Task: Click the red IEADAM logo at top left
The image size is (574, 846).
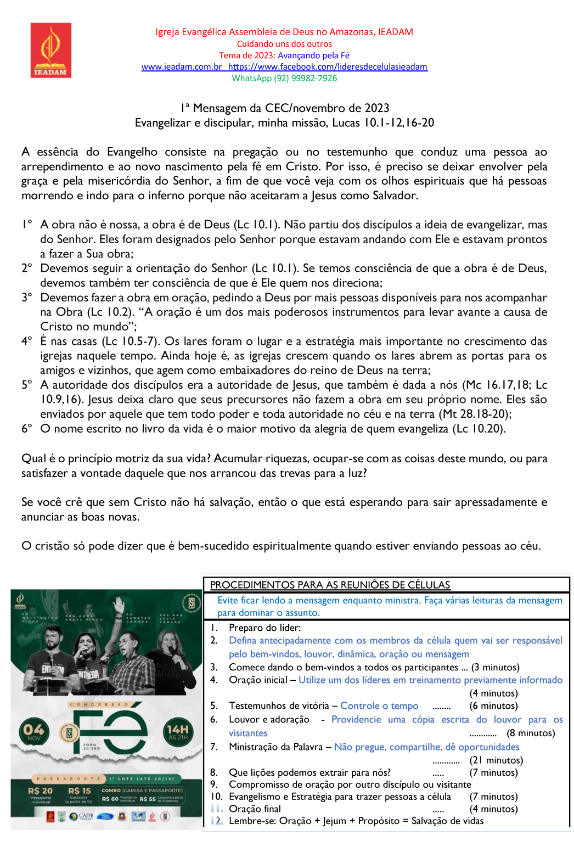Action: point(50,50)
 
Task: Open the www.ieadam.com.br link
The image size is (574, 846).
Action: point(181,67)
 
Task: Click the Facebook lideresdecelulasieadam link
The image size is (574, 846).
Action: point(328,67)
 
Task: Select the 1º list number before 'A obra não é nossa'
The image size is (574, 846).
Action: point(27,225)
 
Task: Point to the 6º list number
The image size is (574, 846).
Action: point(27,429)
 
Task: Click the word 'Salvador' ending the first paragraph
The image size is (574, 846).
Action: point(394,196)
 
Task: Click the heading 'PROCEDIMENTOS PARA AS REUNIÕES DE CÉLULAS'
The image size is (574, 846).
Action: point(330,585)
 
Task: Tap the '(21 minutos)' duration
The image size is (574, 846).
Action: point(496,760)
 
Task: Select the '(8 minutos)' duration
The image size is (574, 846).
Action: point(531,733)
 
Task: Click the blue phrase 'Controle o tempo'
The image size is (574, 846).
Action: point(379,706)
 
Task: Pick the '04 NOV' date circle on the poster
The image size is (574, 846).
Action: point(34,731)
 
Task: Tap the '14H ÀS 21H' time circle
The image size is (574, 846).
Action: point(178,731)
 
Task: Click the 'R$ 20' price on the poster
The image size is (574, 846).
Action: point(40,791)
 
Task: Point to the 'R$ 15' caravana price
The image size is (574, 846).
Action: point(79,791)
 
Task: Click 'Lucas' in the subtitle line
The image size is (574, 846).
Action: point(346,123)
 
